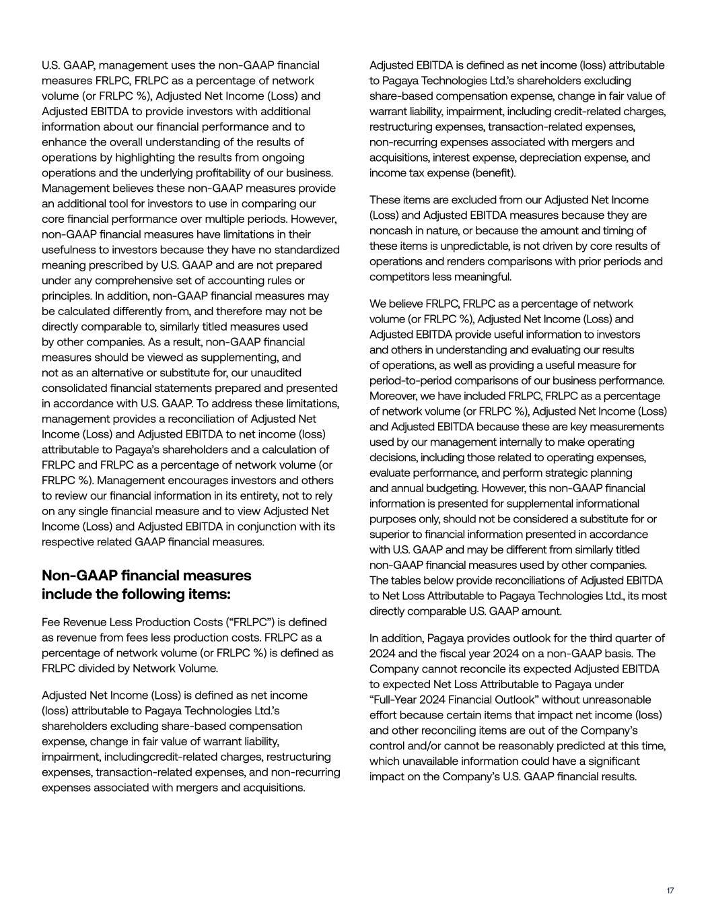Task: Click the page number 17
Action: (x=670, y=891)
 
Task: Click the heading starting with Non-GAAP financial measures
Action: (x=146, y=584)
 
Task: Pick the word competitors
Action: (x=399, y=277)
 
